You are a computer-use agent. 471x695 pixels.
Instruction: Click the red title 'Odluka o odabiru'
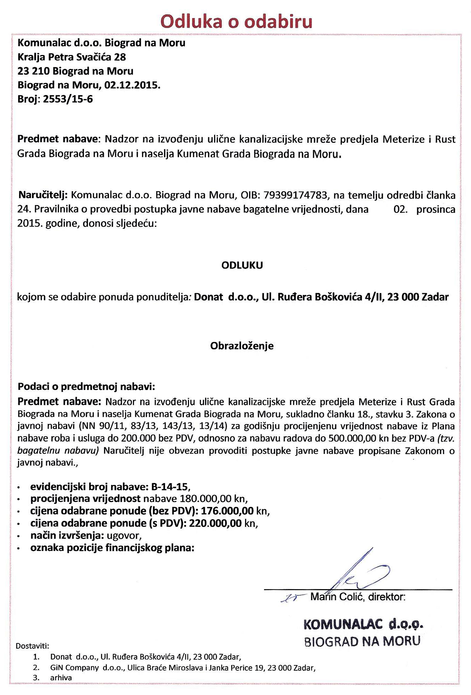(x=236, y=21)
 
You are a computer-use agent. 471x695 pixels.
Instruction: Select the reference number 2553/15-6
(x=68, y=99)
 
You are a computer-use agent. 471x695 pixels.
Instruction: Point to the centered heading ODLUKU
(x=242, y=265)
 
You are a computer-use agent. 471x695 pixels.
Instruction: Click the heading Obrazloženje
(x=242, y=346)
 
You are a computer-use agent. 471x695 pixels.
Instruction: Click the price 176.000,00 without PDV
(x=227, y=511)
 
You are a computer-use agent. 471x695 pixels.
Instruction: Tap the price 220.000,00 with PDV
(x=215, y=523)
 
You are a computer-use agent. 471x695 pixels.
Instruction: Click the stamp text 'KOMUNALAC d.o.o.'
(x=363, y=624)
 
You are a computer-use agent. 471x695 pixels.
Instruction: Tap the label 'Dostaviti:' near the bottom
(x=33, y=646)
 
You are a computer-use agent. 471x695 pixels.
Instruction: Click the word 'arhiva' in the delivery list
(x=61, y=678)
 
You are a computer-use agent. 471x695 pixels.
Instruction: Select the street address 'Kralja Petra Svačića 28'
(x=72, y=57)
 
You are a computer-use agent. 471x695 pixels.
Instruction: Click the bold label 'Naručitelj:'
(x=42, y=195)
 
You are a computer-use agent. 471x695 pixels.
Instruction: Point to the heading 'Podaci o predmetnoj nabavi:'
(x=86, y=386)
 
